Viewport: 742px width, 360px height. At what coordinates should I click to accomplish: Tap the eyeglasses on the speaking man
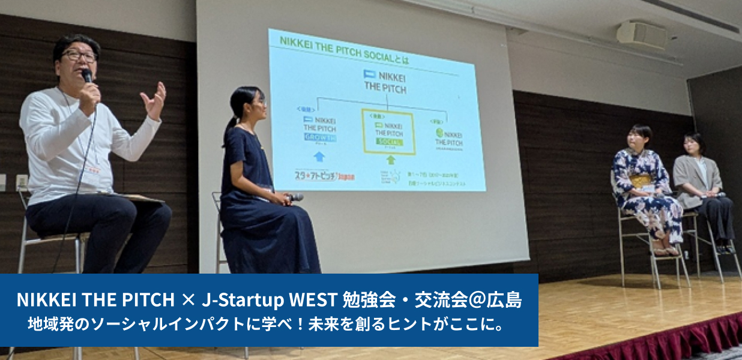tap(79, 56)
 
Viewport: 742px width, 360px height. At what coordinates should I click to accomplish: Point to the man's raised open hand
tap(154, 99)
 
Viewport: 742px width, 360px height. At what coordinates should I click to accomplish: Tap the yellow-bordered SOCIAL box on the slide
tap(388, 131)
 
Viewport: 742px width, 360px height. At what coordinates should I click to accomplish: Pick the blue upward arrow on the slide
tap(319, 157)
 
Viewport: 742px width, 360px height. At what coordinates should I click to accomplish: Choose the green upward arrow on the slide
tap(390, 160)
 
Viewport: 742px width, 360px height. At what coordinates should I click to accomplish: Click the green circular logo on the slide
tap(440, 134)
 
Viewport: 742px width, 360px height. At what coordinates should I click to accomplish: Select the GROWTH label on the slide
tap(320, 137)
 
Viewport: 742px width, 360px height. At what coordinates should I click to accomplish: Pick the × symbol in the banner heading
tap(188, 299)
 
